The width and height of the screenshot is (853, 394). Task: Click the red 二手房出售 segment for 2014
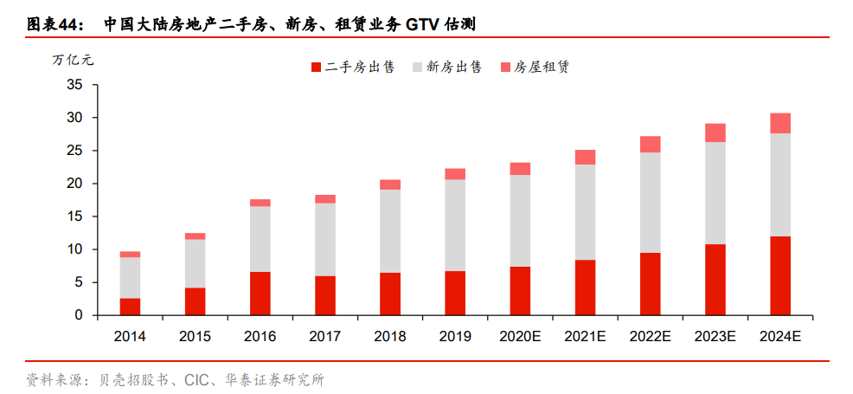point(130,307)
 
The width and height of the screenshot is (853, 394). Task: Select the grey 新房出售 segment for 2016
point(260,239)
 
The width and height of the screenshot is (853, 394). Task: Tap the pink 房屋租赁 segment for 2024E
point(779,123)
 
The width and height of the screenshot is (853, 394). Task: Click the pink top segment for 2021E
point(585,157)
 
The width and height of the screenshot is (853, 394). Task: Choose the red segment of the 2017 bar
point(325,295)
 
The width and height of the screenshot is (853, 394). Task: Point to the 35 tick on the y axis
point(74,85)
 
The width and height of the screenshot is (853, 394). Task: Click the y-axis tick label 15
point(74,216)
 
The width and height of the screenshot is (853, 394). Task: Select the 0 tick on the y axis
point(78,315)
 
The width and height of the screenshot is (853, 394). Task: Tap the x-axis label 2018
point(390,336)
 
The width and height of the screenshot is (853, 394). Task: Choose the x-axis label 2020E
point(520,336)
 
